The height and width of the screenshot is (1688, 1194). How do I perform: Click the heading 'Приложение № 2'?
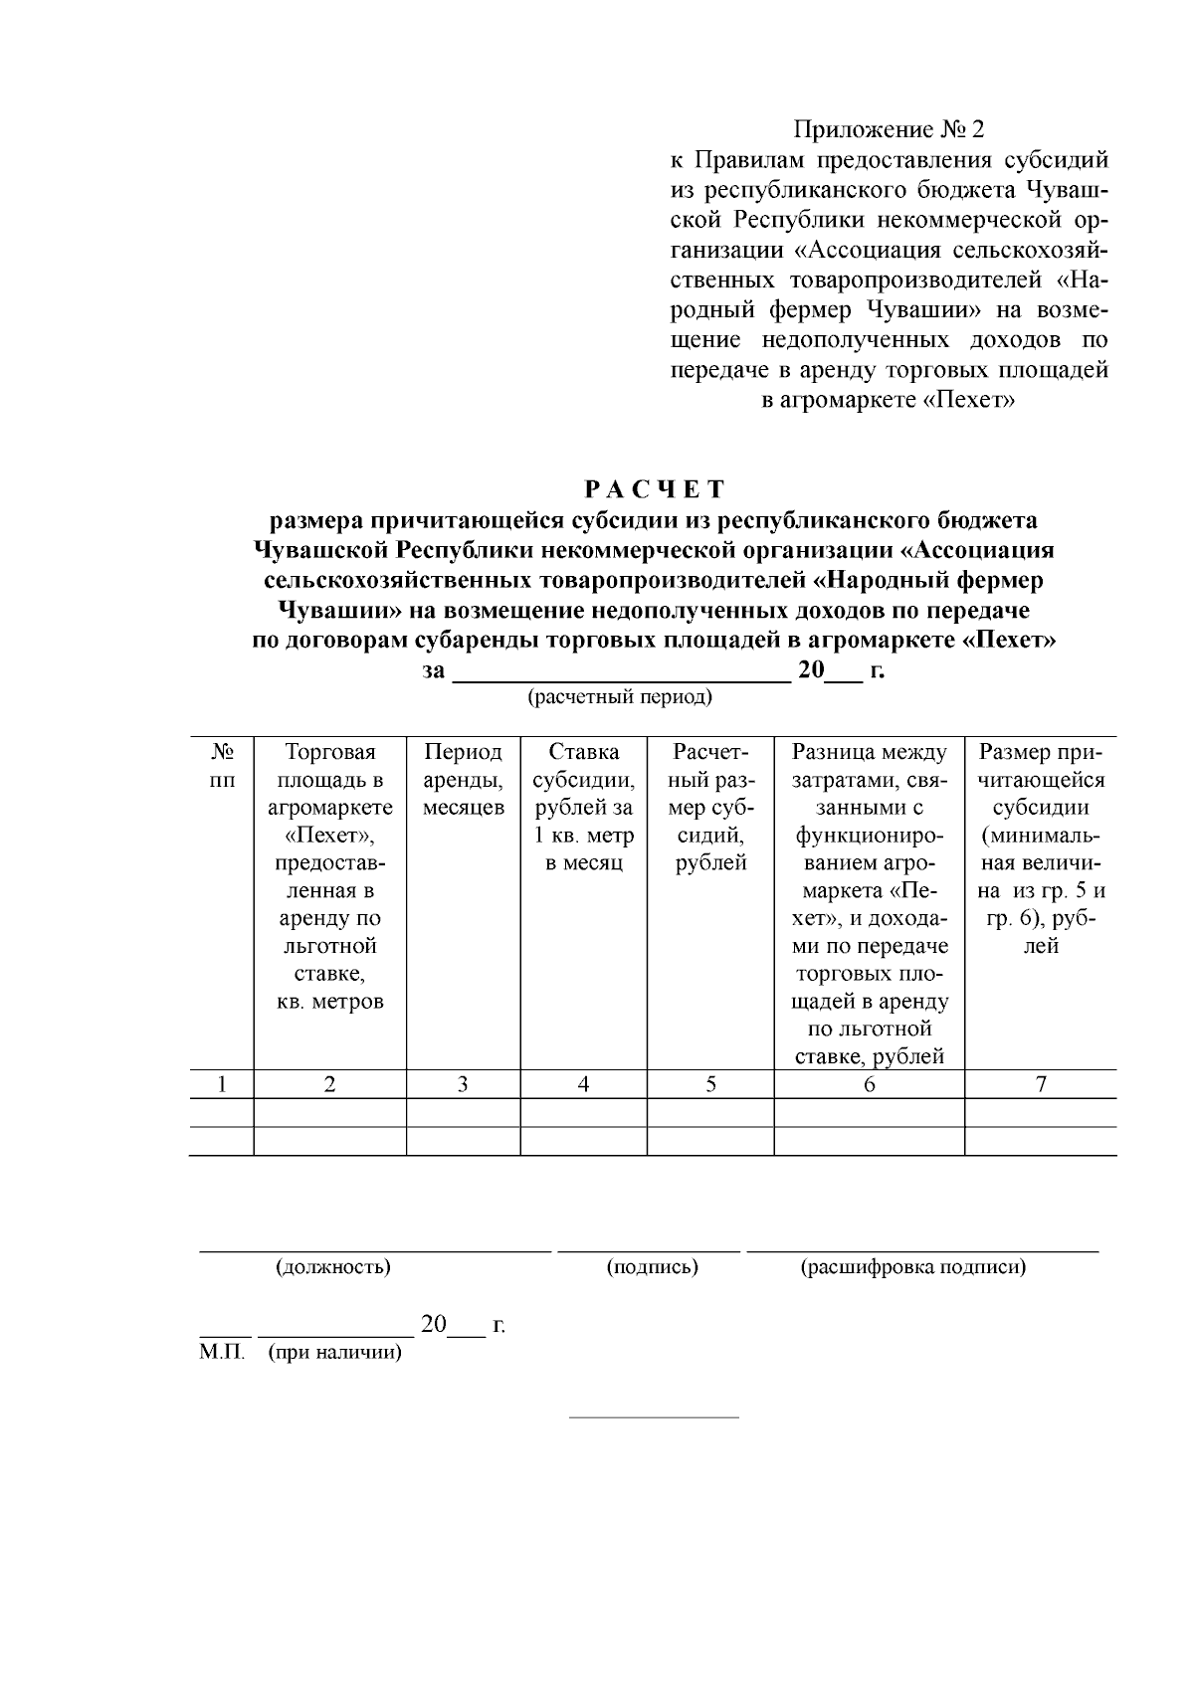click(889, 130)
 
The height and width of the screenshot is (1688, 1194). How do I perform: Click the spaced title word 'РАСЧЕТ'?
click(655, 489)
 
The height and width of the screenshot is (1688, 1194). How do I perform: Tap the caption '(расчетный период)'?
click(619, 696)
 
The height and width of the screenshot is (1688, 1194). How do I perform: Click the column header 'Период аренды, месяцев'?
click(463, 779)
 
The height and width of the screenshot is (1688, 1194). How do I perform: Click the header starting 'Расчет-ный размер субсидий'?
click(710, 807)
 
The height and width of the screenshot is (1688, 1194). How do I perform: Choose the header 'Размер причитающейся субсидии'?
click(1041, 848)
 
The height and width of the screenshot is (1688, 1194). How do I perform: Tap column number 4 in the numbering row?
click(583, 1084)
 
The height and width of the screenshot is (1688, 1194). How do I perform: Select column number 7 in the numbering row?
click(1041, 1084)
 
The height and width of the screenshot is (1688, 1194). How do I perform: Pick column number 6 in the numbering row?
click(869, 1084)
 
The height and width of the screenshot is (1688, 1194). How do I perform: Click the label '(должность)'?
click(332, 1267)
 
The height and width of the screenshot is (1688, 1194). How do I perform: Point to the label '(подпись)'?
click(652, 1267)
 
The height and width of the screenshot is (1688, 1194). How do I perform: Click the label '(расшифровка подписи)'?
click(912, 1267)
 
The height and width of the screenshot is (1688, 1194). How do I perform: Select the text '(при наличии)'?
click(335, 1354)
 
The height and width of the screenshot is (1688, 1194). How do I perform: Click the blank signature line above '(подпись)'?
click(649, 1249)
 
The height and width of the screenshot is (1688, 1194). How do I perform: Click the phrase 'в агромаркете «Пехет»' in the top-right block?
click(888, 401)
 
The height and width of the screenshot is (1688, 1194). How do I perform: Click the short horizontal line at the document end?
click(654, 1416)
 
